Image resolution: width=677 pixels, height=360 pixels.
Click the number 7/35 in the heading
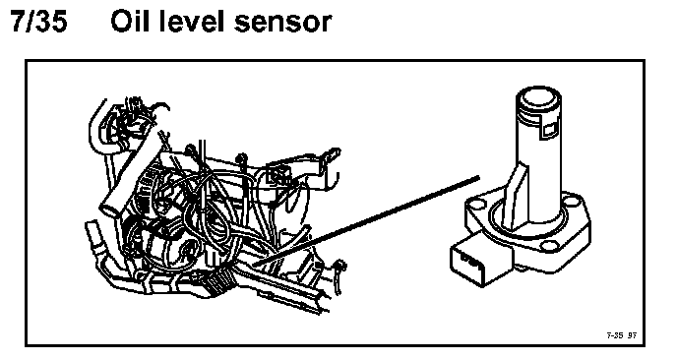[39, 22]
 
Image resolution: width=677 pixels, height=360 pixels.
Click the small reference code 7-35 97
[622, 335]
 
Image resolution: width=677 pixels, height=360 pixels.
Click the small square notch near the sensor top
[549, 130]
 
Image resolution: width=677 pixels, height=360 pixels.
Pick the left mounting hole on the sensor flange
[477, 205]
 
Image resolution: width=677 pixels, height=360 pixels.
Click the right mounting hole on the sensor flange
[571, 201]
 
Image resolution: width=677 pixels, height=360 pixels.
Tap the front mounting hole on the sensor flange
[549, 247]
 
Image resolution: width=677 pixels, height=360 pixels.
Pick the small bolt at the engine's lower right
[340, 269]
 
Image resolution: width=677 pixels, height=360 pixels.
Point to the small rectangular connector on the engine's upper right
[277, 174]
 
